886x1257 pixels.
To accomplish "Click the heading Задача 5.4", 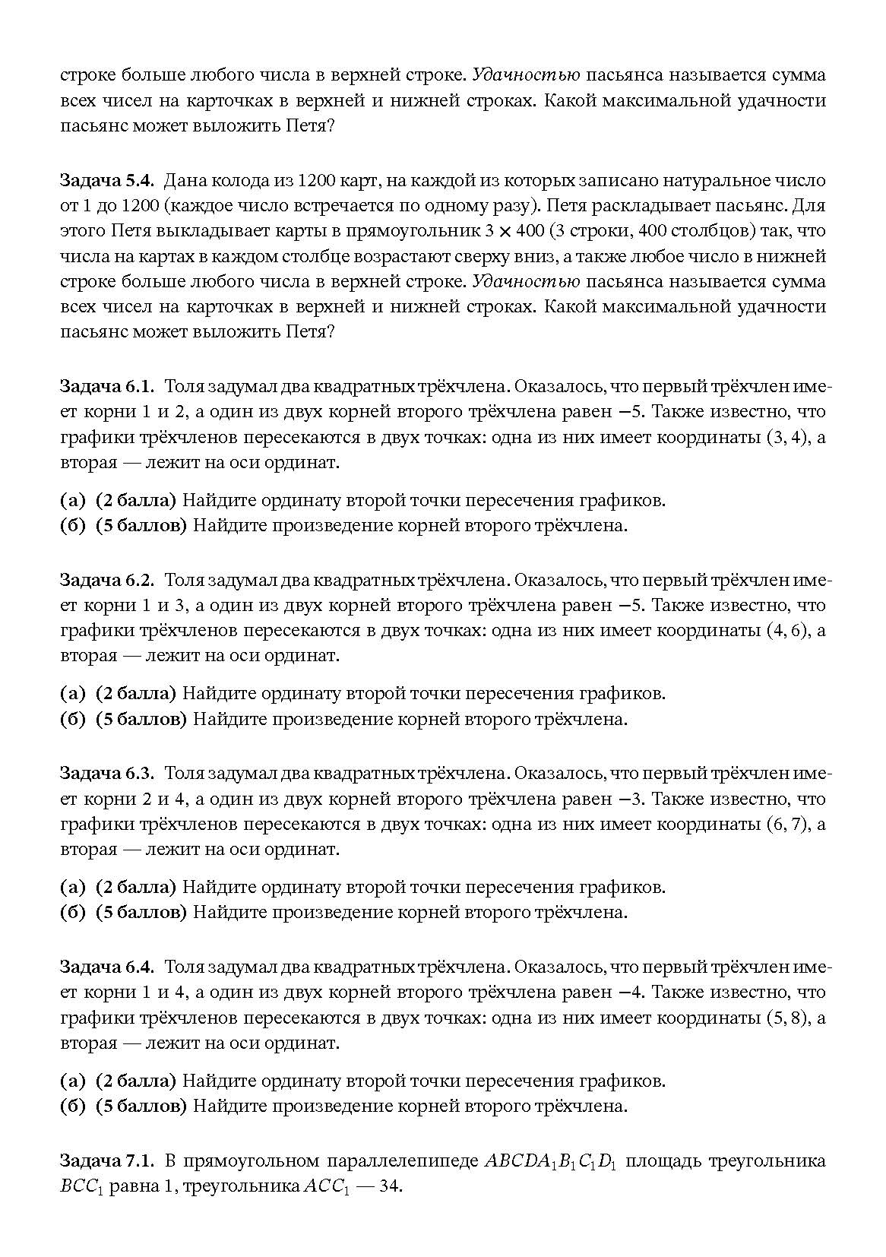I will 107,181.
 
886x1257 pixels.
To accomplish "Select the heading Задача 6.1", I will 107,387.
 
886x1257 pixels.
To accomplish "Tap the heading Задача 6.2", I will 107,581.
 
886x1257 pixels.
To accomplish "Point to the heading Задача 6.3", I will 107,774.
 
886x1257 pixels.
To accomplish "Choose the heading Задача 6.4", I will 107,967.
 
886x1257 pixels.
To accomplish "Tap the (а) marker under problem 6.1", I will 72,501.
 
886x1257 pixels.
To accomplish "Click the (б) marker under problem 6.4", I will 72,1107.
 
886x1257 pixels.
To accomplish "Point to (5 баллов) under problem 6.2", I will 141,719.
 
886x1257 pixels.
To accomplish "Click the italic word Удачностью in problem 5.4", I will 526,282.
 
